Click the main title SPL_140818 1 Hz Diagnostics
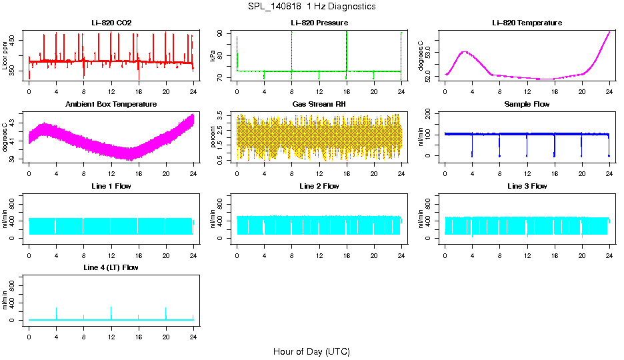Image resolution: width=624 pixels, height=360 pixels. pyautogui.click(x=311, y=7)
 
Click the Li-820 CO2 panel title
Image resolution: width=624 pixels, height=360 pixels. pyautogui.click(x=111, y=23)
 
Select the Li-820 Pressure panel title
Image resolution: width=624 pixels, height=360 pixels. pyautogui.click(x=319, y=23)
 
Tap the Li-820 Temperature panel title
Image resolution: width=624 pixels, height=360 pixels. pyautogui.click(x=527, y=23)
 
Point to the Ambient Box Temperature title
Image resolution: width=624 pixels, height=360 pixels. pyautogui.click(x=111, y=105)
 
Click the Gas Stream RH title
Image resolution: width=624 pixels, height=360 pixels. pyautogui.click(x=319, y=105)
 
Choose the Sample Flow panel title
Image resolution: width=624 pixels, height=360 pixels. pyautogui.click(x=527, y=105)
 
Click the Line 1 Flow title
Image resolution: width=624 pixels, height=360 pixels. pyautogui.click(x=111, y=186)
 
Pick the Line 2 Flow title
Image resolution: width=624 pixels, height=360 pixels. pyautogui.click(x=319, y=186)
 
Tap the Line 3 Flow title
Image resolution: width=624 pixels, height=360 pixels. pyautogui.click(x=527, y=186)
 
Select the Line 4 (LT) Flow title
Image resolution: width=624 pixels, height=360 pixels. pyautogui.click(x=111, y=267)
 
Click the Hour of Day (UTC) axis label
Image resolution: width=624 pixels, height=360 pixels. pyautogui.click(x=311, y=351)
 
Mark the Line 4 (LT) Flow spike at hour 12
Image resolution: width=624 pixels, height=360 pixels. pyautogui.click(x=111, y=309)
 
